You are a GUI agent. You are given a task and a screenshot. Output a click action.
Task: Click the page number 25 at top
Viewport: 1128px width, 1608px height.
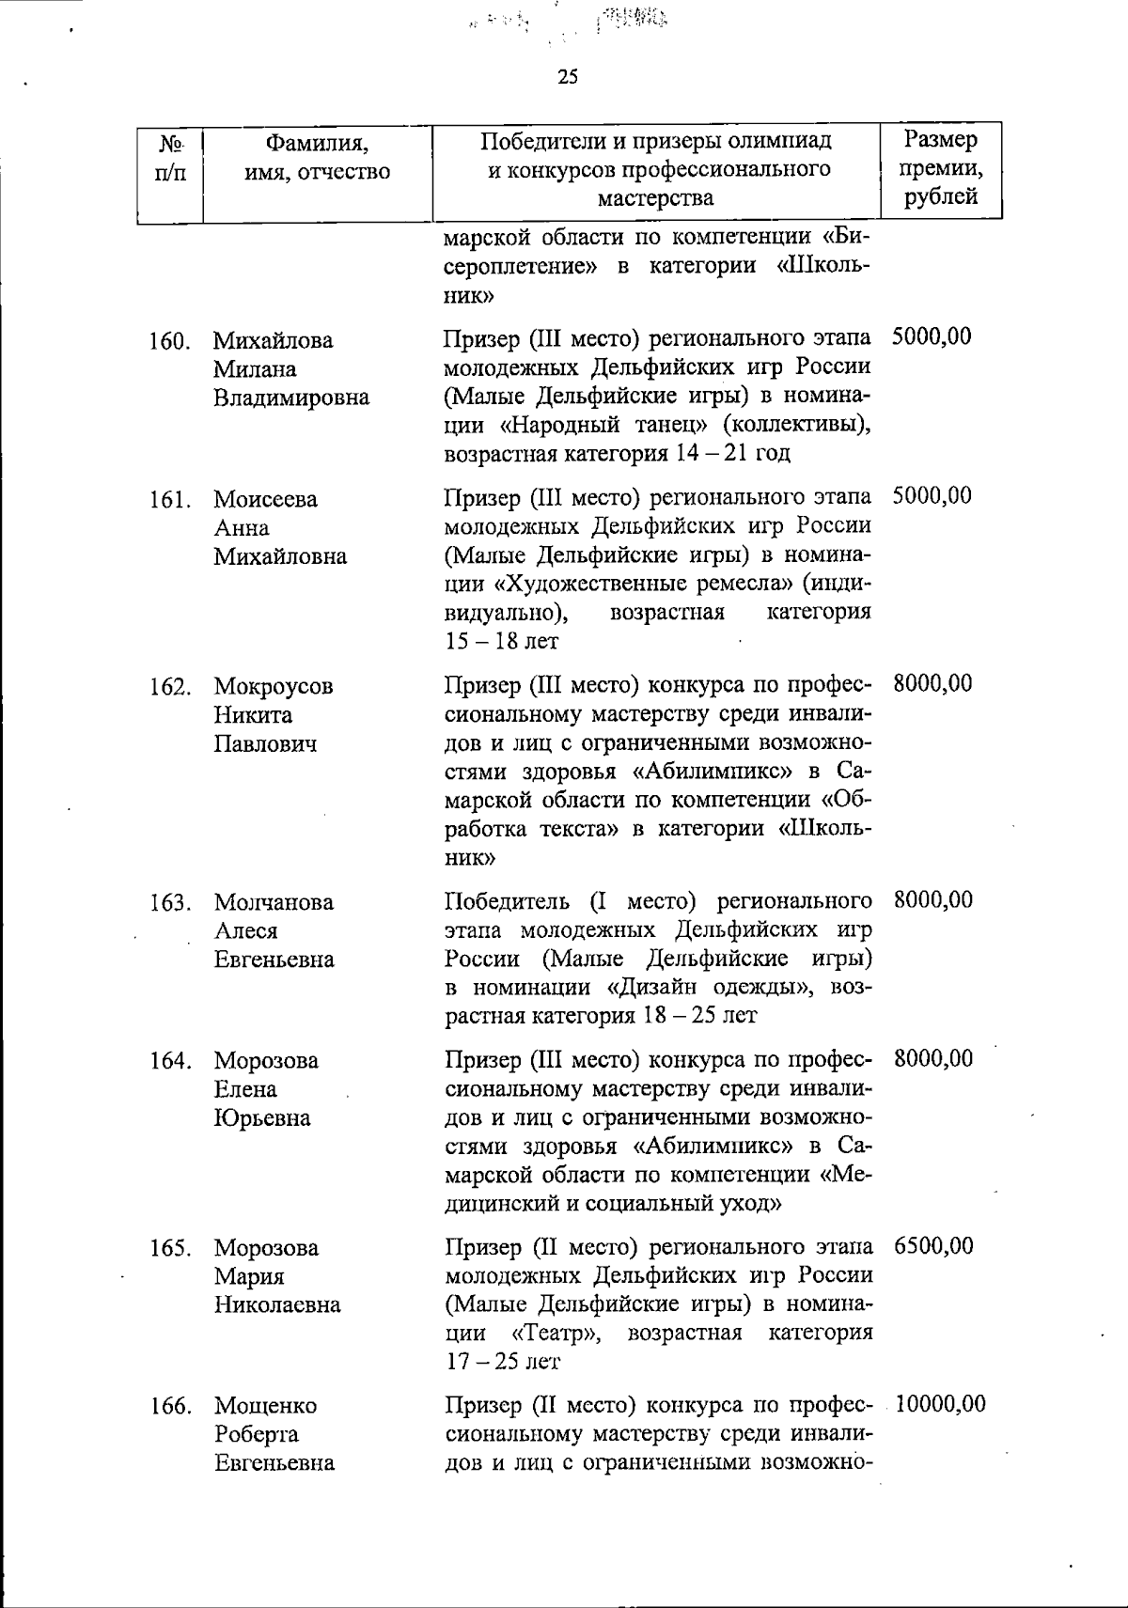[x=568, y=77]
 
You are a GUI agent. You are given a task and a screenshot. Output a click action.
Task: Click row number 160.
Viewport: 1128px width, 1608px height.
[x=170, y=341]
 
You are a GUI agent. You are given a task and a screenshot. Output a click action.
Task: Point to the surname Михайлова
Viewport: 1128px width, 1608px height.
[x=273, y=340]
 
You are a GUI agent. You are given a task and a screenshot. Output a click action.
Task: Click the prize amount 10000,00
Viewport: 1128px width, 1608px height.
[x=941, y=1405]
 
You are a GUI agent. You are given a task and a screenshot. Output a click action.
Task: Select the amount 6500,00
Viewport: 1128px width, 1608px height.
[x=933, y=1247]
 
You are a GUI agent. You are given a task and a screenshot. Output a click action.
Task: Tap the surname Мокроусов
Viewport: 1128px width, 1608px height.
[x=273, y=687]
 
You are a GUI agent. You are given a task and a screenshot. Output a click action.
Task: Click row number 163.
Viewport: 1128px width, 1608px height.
[x=170, y=903]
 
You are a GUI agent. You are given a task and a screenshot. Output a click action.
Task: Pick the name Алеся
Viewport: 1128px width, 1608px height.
[x=245, y=931]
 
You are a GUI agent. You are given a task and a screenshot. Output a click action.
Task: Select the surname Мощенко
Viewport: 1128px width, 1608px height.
[x=265, y=1406]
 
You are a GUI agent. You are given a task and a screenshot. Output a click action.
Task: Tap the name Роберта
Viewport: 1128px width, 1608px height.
[x=256, y=1434]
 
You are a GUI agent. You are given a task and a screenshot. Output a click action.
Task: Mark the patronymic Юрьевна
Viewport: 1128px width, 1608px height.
[x=261, y=1118]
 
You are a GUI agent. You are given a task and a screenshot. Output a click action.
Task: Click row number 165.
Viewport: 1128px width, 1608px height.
[x=170, y=1249]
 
